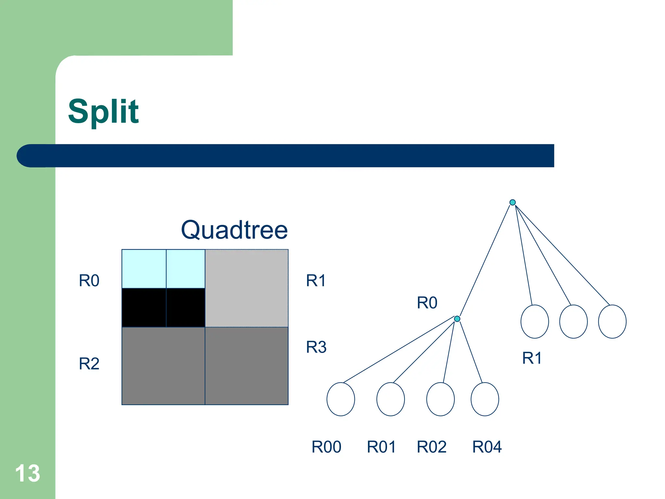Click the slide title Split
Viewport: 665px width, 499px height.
103,111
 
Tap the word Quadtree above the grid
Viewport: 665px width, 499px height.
234,230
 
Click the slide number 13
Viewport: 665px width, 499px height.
28,473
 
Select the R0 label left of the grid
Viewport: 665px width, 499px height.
89,281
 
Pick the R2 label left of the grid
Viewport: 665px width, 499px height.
89,364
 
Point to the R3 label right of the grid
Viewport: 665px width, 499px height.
316,347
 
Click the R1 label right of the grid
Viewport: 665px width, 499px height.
316,281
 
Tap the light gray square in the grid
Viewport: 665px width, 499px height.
246,288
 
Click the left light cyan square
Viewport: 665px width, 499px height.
144,269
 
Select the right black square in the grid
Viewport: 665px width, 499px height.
185,307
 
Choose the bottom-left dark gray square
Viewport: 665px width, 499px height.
163,366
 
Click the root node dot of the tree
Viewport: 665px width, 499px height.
512,202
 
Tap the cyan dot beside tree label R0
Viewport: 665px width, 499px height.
457,319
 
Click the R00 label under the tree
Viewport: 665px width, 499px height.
326,447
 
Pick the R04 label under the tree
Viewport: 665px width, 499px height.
487,447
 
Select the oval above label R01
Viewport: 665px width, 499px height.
391,399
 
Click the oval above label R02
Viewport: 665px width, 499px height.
440,399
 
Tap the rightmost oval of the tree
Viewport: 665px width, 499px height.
612,321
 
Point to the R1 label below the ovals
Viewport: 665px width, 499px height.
532,358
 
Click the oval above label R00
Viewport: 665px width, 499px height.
341,399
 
